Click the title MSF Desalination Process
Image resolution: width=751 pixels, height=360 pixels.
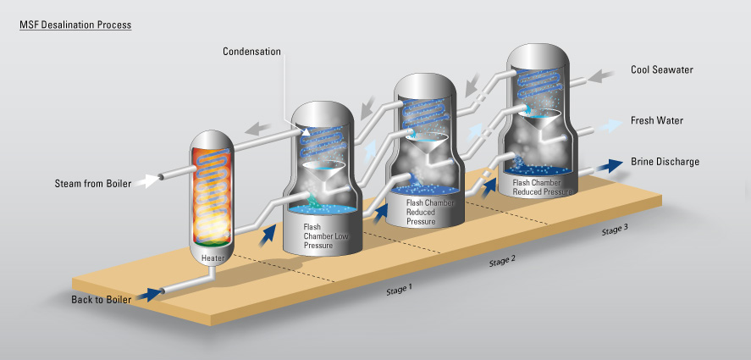click(75, 25)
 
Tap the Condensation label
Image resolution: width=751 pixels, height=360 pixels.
click(251, 52)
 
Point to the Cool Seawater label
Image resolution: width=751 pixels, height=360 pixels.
click(662, 69)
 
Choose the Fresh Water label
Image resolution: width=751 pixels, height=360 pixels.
click(656, 121)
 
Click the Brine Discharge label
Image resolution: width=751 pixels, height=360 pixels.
click(665, 161)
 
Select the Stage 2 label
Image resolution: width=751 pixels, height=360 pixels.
click(502, 260)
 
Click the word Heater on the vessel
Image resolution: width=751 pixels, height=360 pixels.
click(213, 257)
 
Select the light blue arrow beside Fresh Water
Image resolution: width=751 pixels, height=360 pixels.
click(606, 122)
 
